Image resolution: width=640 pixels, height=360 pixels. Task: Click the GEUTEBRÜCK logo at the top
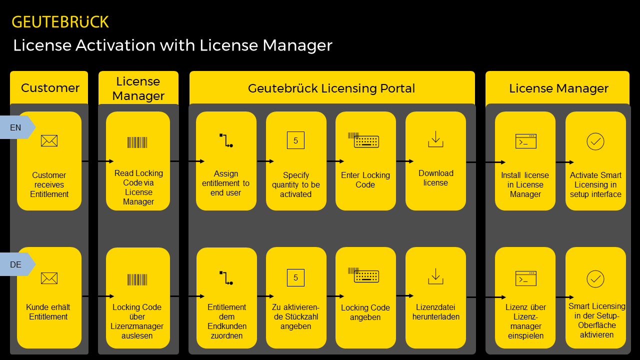pyautogui.click(x=60, y=22)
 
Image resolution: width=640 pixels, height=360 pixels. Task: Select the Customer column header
pyautogui.click(x=50, y=88)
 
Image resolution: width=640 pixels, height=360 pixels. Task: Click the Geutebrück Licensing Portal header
pyautogui.click(x=331, y=88)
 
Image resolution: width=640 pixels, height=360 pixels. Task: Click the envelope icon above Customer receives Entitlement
pyautogui.click(x=49, y=141)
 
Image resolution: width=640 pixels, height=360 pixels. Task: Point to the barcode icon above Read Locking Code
pyautogui.click(x=137, y=142)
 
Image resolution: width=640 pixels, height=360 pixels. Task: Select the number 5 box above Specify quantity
pyautogui.click(x=295, y=140)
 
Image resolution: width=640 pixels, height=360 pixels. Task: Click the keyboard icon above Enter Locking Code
pyautogui.click(x=365, y=140)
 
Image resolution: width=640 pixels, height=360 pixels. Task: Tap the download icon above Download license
pyautogui.click(x=435, y=139)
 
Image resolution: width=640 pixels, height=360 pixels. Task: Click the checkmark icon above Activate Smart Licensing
pyautogui.click(x=595, y=141)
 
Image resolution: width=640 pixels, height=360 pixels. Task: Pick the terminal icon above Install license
pyautogui.click(x=525, y=141)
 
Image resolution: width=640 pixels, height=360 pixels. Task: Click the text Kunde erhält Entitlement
pyautogui.click(x=48, y=312)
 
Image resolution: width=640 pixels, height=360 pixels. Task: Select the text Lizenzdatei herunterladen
pyautogui.click(x=435, y=312)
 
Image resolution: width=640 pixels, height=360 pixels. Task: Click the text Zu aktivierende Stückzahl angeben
pyautogui.click(x=295, y=316)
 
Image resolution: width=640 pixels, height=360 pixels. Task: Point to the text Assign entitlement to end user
pyautogui.click(x=225, y=183)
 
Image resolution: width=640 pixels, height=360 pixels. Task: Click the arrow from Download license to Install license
pyautogui.click(x=485, y=162)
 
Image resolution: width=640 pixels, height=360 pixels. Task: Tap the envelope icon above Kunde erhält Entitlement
pyautogui.click(x=49, y=278)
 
